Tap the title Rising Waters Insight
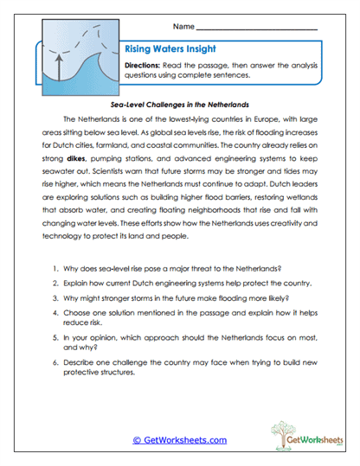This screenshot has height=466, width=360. click(x=164, y=50)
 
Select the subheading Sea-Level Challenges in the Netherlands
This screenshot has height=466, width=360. click(x=179, y=101)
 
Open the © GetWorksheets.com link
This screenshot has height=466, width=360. click(x=179, y=439)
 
